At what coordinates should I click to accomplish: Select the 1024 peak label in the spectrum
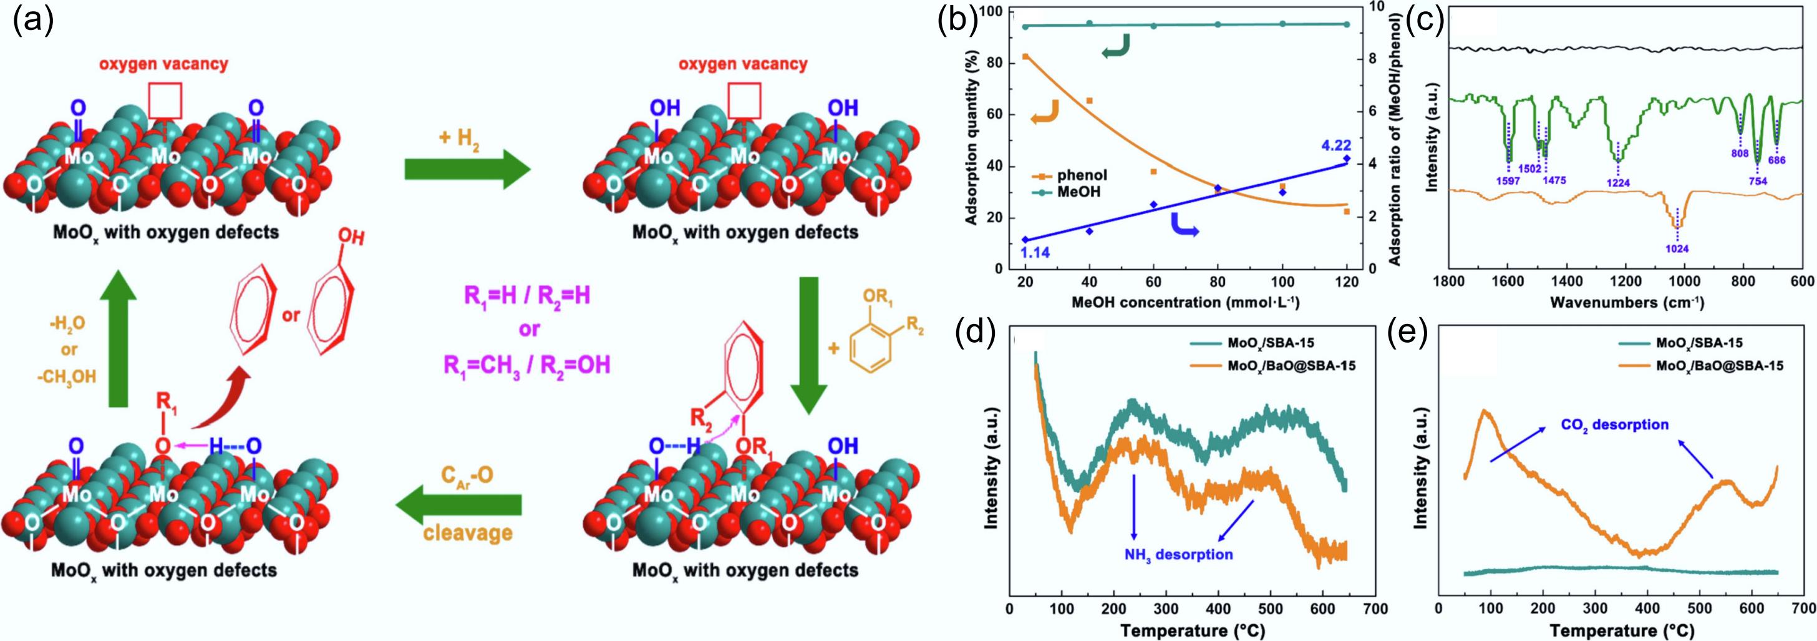pos(1677,248)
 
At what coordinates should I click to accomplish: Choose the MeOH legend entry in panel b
pos(1075,192)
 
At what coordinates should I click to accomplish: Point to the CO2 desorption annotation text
pos(1605,425)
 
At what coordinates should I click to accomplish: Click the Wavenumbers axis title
pos(1627,303)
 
